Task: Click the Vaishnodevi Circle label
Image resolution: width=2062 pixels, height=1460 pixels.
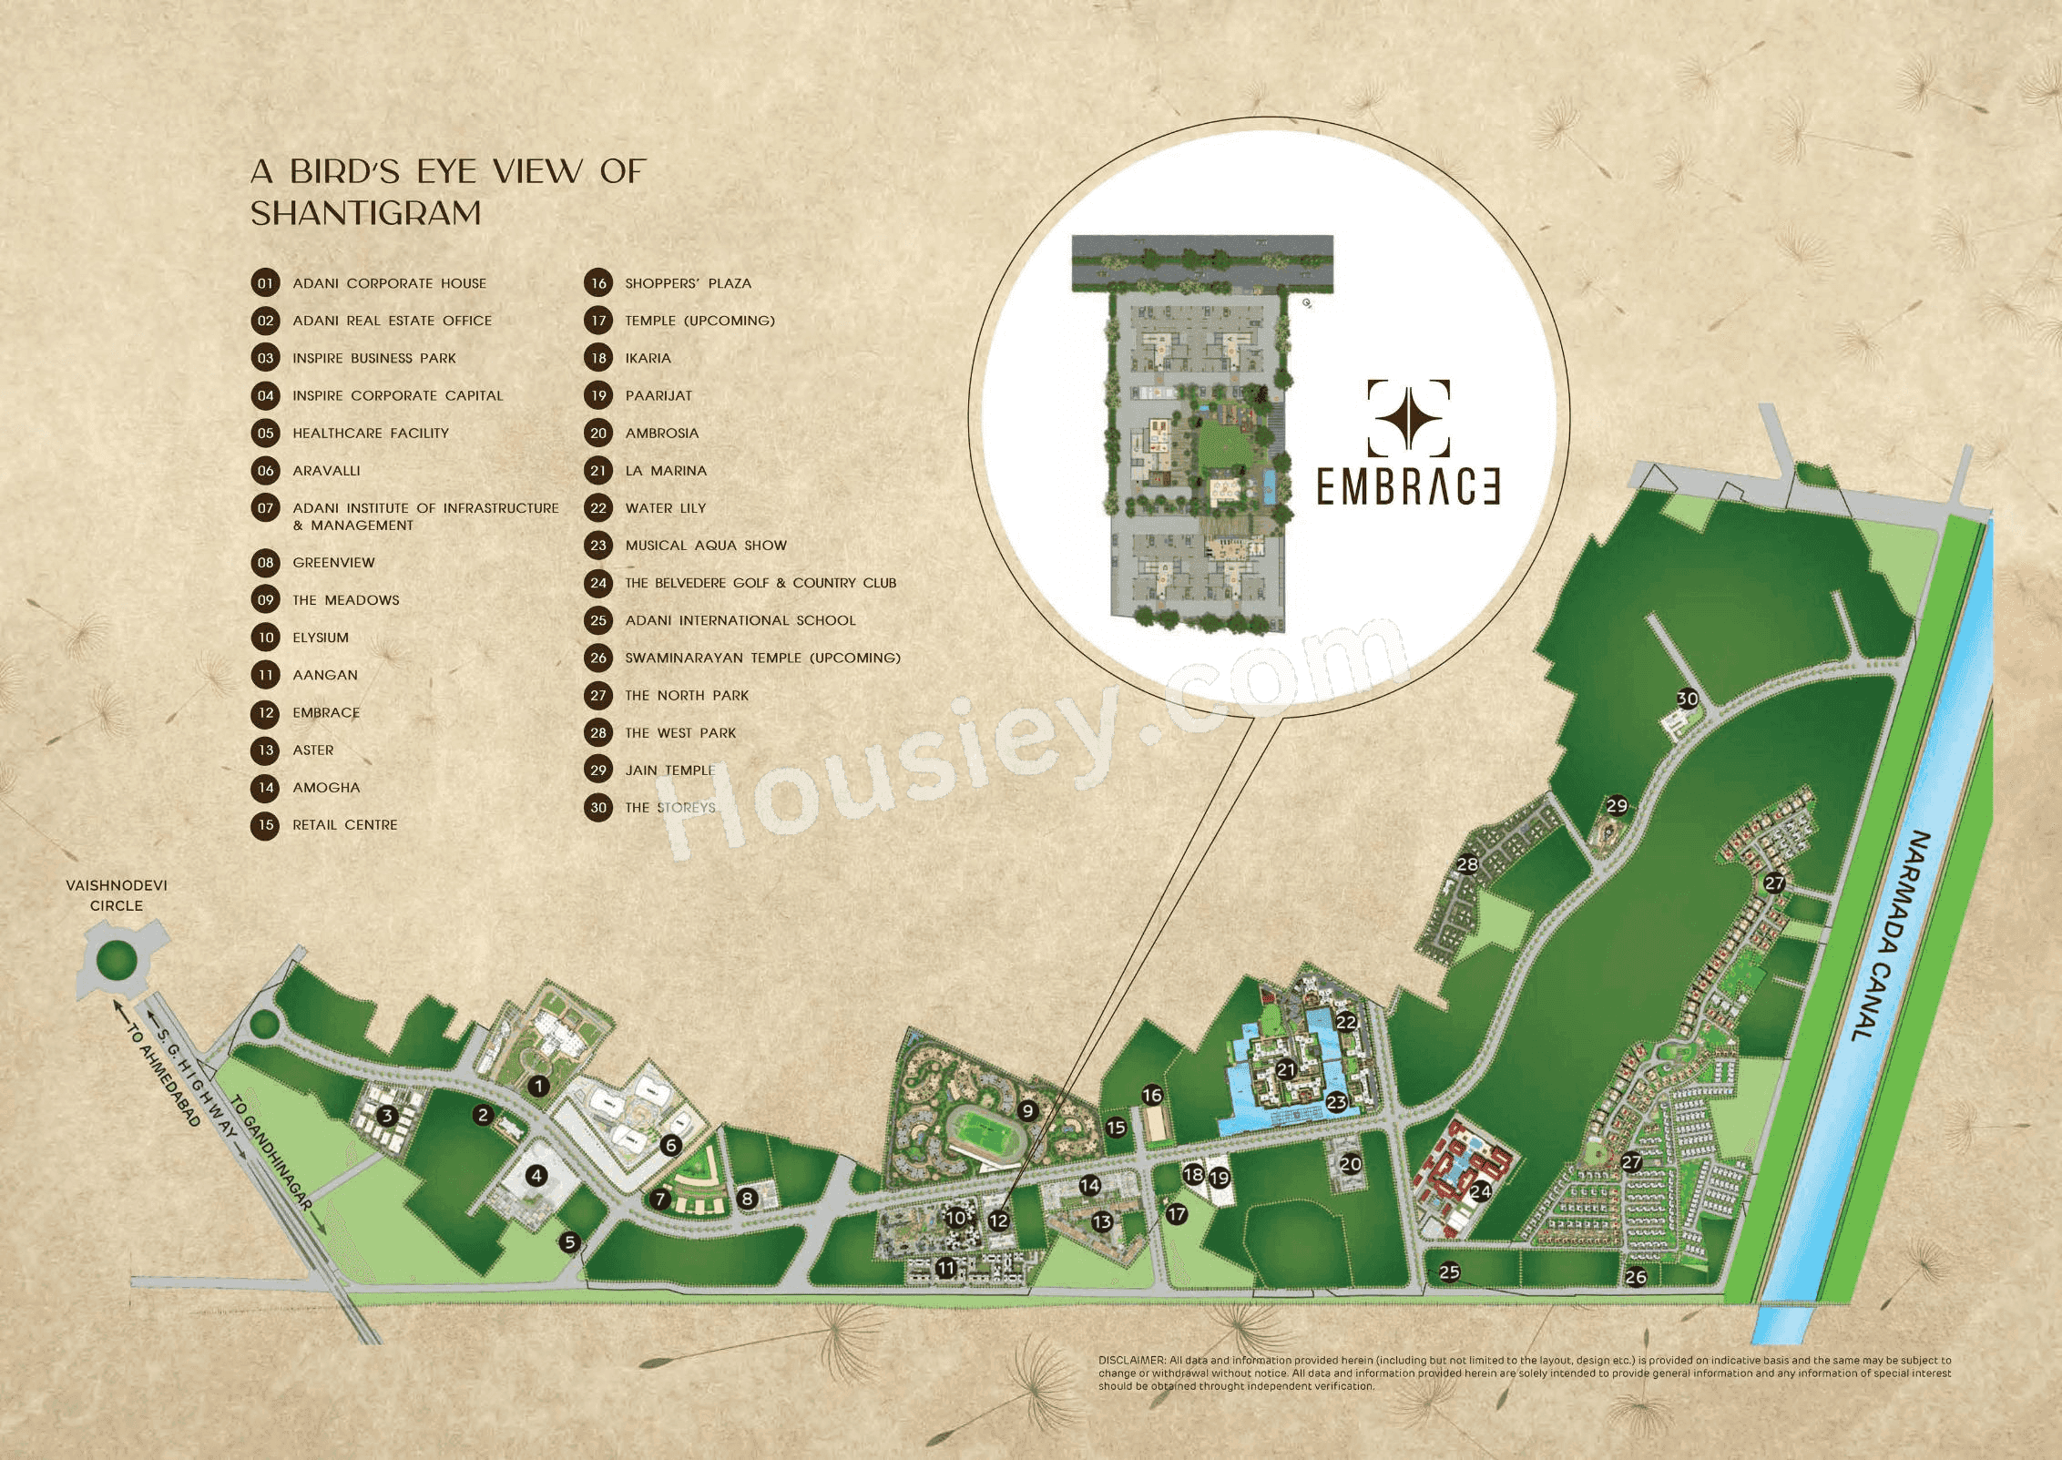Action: [117, 895]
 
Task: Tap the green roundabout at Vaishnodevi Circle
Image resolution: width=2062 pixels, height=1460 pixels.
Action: [116, 959]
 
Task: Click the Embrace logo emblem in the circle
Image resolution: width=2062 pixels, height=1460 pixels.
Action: [1408, 418]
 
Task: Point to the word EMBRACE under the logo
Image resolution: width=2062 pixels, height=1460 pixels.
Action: [1408, 487]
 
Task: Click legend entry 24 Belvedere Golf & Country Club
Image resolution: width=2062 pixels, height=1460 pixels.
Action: [760, 583]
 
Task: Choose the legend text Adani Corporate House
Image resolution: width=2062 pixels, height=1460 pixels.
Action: [389, 283]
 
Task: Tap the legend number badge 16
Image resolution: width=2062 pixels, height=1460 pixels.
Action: [598, 283]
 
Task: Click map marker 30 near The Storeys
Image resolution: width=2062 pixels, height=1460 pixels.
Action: [1688, 699]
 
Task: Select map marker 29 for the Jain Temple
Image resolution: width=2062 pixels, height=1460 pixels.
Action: [1617, 805]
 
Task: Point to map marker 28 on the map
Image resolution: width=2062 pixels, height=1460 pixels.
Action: [1467, 863]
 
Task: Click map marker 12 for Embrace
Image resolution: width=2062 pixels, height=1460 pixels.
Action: [998, 1220]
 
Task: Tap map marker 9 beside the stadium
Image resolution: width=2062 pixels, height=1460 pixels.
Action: [1027, 1110]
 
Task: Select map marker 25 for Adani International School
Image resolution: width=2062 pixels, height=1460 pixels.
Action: [1449, 1271]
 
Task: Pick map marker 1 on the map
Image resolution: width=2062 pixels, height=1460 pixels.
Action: [539, 1086]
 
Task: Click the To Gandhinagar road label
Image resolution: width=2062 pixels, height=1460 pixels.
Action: [271, 1152]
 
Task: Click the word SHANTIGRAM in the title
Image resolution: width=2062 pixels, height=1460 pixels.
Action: [366, 213]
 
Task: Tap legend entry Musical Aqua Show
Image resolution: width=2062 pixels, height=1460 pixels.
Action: [705, 546]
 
